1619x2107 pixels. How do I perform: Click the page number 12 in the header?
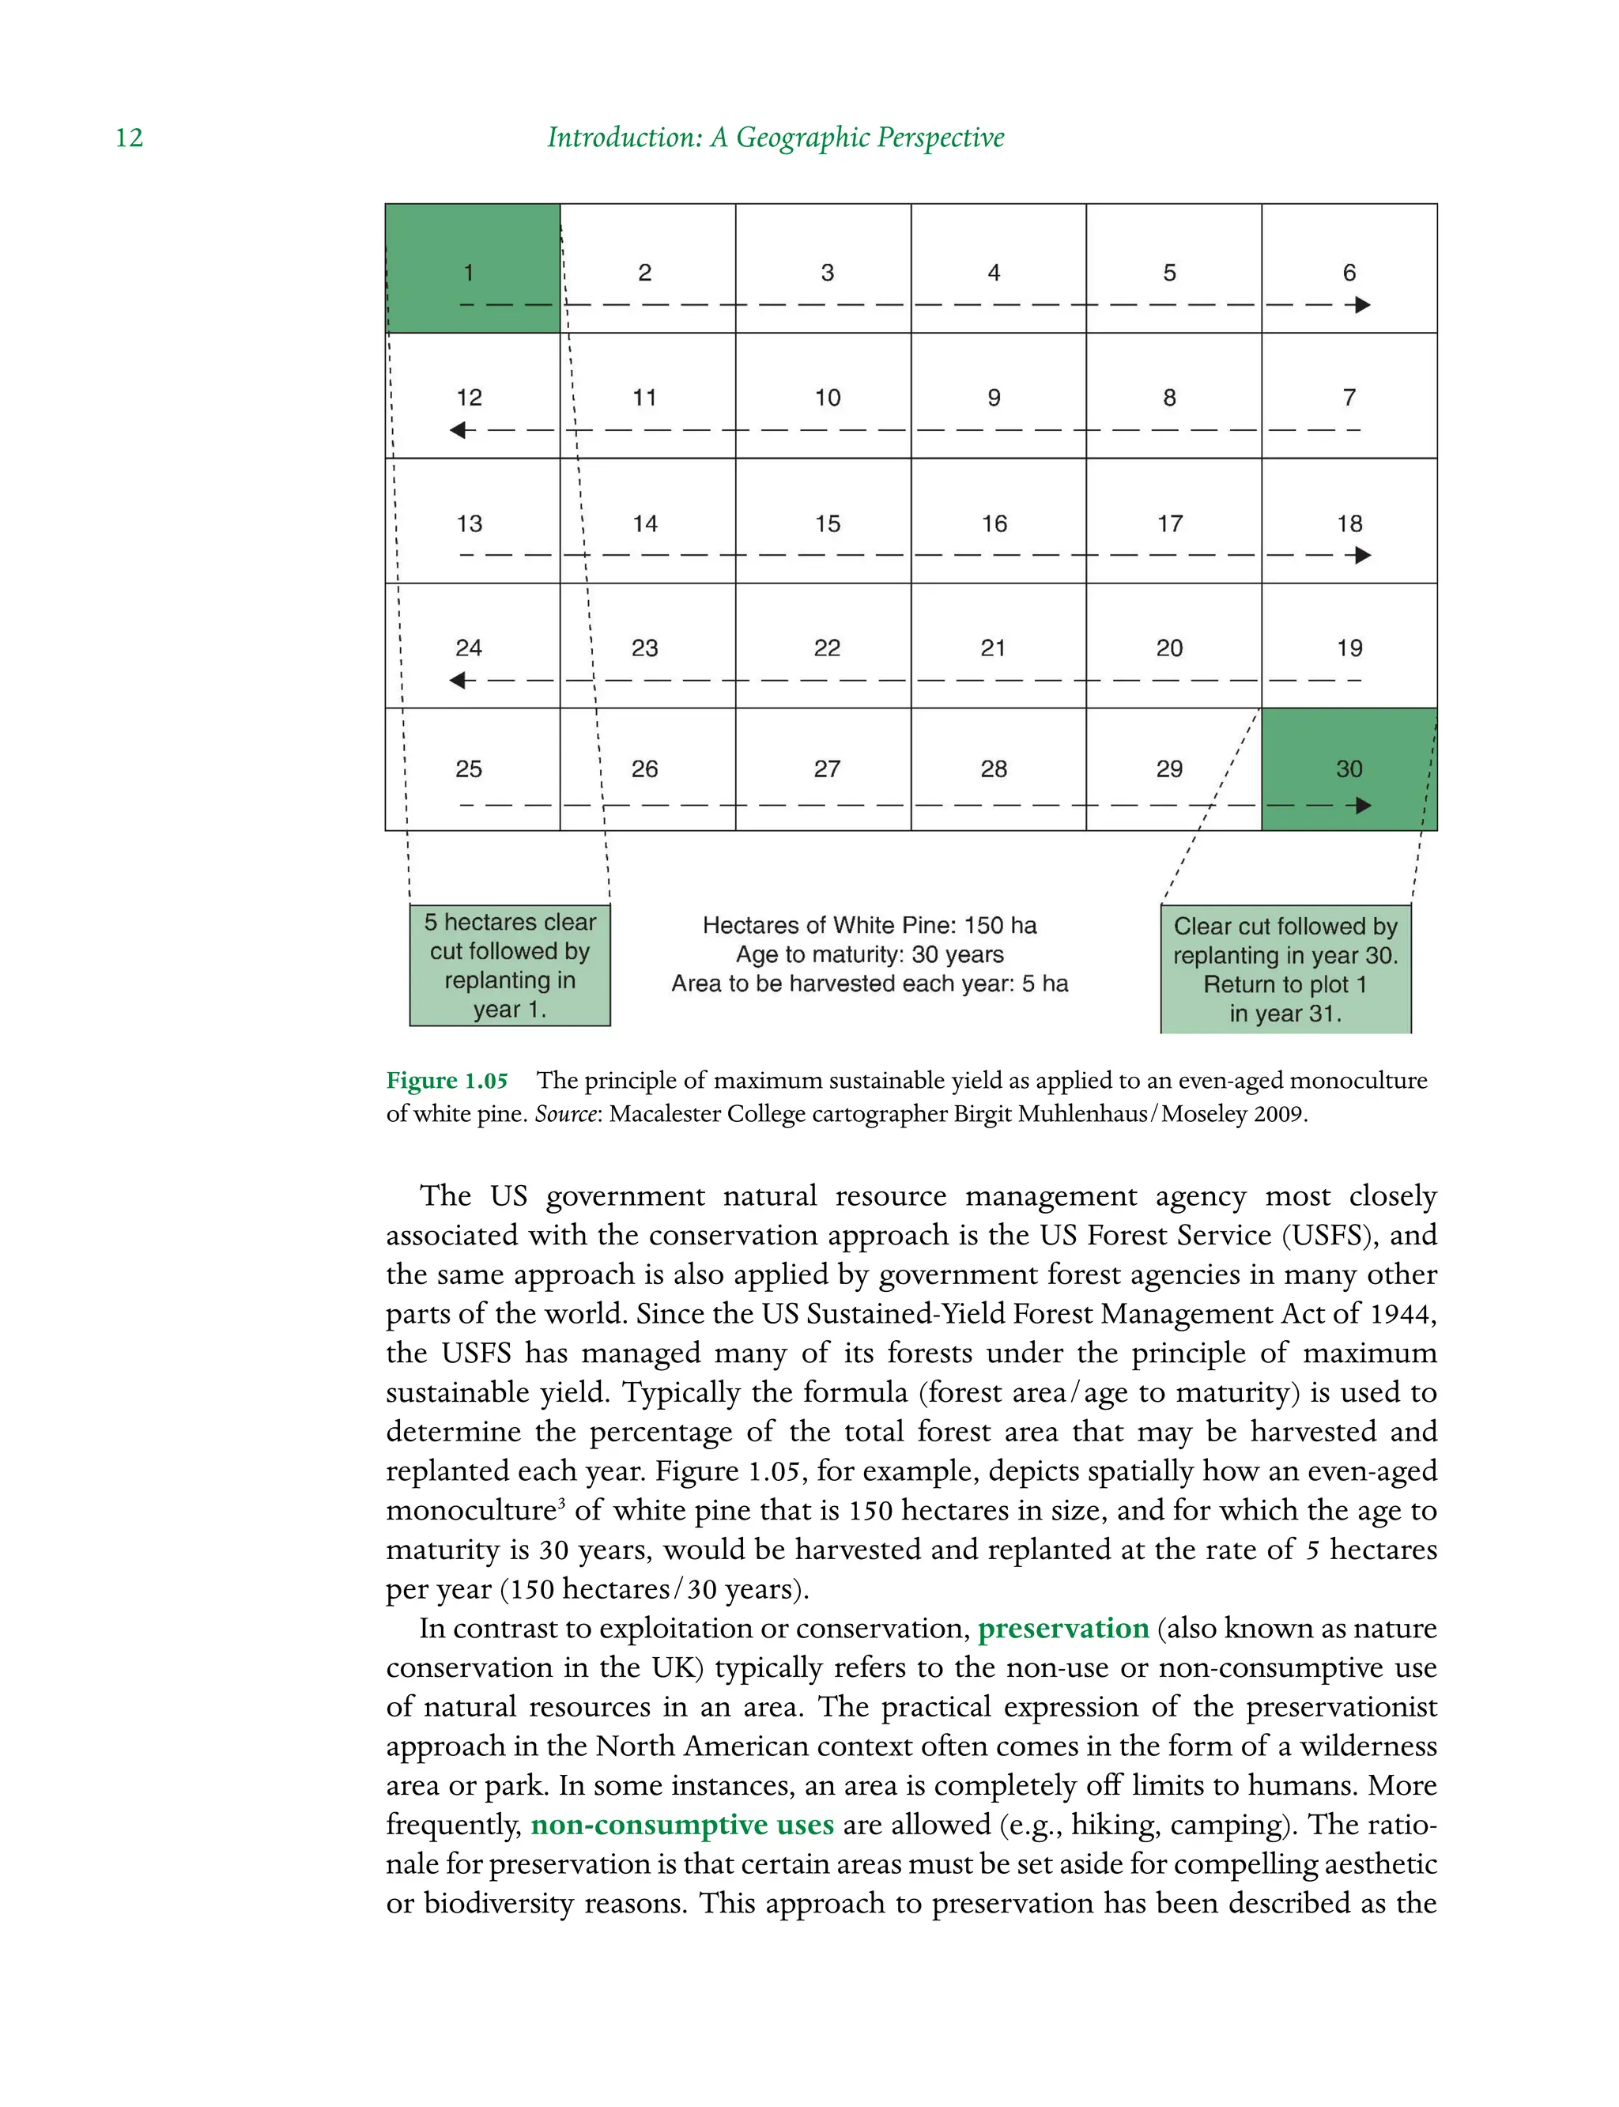[129, 138]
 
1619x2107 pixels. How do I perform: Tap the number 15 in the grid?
[827, 523]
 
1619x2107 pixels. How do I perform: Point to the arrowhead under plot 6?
[1362, 305]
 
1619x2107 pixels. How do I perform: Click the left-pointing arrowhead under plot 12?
[459, 430]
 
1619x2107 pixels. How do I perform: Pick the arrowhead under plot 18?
[1362, 555]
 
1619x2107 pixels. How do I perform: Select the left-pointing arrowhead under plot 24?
[459, 681]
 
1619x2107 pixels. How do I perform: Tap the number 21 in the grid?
[993, 648]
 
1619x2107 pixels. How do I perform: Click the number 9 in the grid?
[994, 397]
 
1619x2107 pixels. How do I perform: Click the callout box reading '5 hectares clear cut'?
[510, 965]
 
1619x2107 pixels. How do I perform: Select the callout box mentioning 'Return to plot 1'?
[1285, 969]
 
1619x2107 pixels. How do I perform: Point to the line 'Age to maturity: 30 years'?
[870, 954]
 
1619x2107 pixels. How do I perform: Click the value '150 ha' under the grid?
[999, 925]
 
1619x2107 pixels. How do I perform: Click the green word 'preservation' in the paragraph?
[1063, 1628]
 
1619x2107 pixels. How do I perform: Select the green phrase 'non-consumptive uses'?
[681, 1825]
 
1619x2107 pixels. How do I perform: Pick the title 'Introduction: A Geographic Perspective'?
[775, 138]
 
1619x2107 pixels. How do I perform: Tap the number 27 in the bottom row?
[827, 768]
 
